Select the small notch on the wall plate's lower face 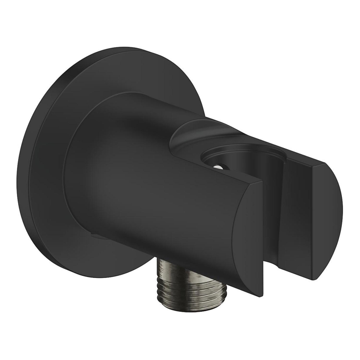98,237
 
